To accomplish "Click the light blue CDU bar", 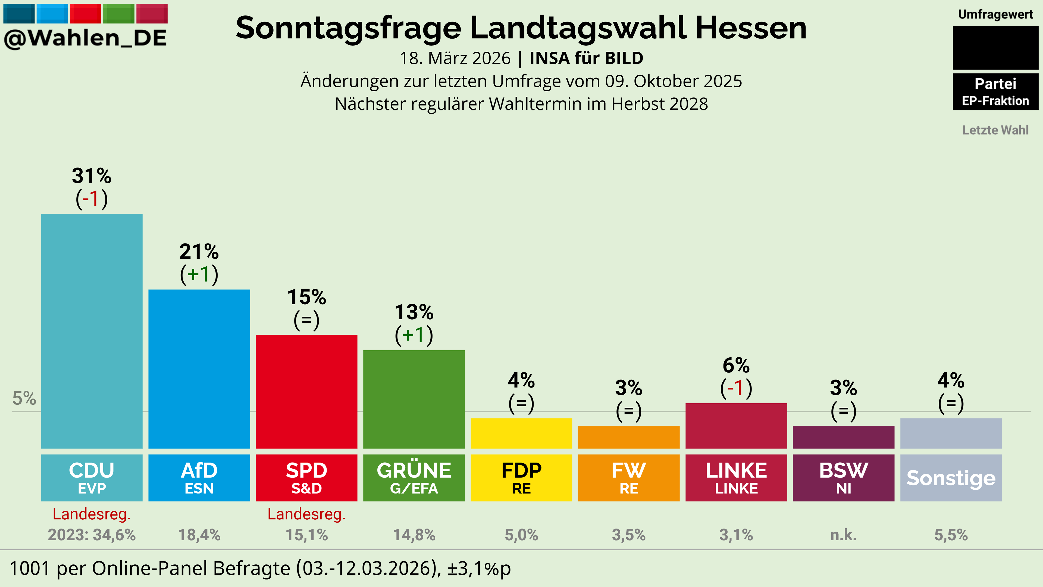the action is pyautogui.click(x=92, y=331).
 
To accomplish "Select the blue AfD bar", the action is pyautogui.click(x=199, y=369).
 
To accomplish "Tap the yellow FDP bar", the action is pyautogui.click(x=522, y=433).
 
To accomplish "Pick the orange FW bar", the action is pyautogui.click(x=629, y=437).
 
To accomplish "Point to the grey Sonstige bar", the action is pyautogui.click(x=951, y=433).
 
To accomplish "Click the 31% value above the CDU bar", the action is pyautogui.click(x=92, y=176).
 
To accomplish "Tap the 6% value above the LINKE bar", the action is pyautogui.click(x=736, y=366).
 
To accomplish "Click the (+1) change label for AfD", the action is pyautogui.click(x=199, y=274).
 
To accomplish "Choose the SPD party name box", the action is pyautogui.click(x=306, y=478).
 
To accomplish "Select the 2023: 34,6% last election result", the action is pyautogui.click(x=92, y=535).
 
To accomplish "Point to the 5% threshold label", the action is pyautogui.click(x=24, y=398).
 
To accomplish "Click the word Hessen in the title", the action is pyautogui.click(x=751, y=28).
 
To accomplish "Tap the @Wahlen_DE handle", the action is pyautogui.click(x=85, y=38).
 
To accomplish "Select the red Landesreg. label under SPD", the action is pyautogui.click(x=306, y=514).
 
